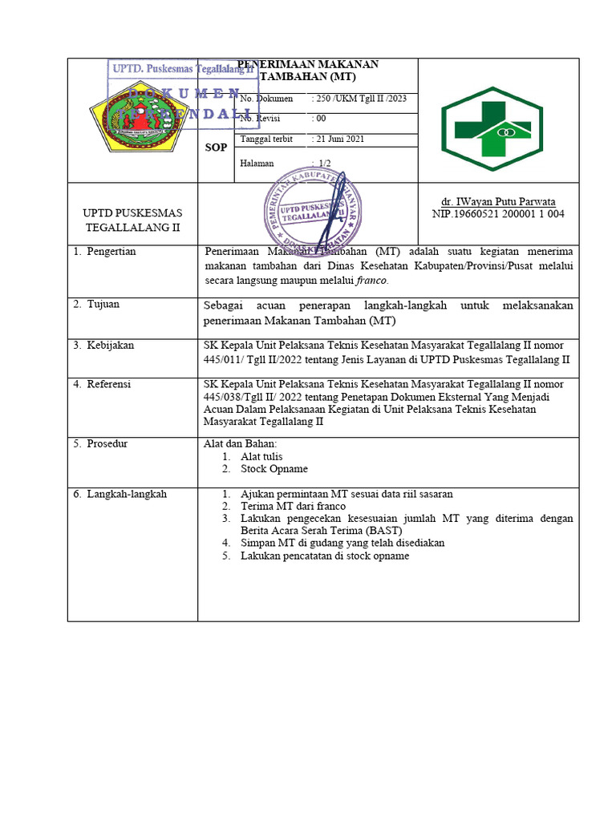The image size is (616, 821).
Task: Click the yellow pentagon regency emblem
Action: click(133, 120)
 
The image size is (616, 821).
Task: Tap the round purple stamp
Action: click(313, 211)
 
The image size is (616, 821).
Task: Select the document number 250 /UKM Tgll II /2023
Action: click(359, 99)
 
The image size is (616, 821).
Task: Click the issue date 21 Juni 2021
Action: click(338, 140)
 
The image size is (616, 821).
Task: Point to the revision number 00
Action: click(320, 119)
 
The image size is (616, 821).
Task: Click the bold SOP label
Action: click(216, 148)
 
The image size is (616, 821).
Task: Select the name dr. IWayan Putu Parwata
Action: click(498, 202)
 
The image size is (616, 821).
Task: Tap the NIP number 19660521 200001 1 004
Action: click(498, 215)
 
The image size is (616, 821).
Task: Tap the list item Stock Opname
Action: click(274, 469)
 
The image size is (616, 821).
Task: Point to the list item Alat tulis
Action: click(261, 456)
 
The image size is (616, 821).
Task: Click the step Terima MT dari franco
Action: click(293, 507)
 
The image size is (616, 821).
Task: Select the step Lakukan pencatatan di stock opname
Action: click(324, 556)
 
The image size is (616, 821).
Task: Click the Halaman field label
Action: click(257, 164)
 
